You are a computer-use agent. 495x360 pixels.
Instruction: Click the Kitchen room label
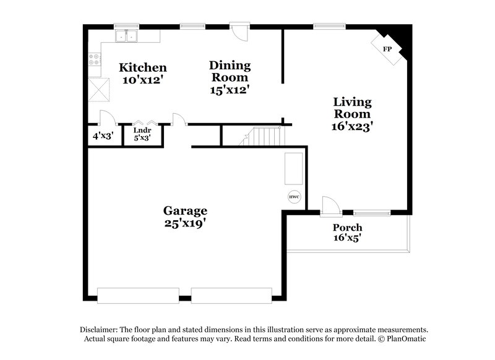(x=143, y=67)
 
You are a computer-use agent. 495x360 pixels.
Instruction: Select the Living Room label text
(x=353, y=108)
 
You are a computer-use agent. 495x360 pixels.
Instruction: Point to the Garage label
(x=185, y=211)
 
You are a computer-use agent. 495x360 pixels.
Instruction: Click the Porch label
(x=347, y=228)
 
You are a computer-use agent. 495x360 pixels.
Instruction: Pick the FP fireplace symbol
(x=387, y=49)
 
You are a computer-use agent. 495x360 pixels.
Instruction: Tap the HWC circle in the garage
(x=295, y=197)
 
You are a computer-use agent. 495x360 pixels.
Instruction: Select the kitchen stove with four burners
(x=95, y=60)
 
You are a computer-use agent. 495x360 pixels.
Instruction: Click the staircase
(x=263, y=136)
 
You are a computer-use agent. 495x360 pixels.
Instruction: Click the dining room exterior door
(x=238, y=31)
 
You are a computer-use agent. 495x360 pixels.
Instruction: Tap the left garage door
(x=139, y=295)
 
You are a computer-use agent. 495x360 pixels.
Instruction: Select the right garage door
(x=231, y=295)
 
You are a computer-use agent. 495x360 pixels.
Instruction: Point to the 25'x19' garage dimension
(x=185, y=223)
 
